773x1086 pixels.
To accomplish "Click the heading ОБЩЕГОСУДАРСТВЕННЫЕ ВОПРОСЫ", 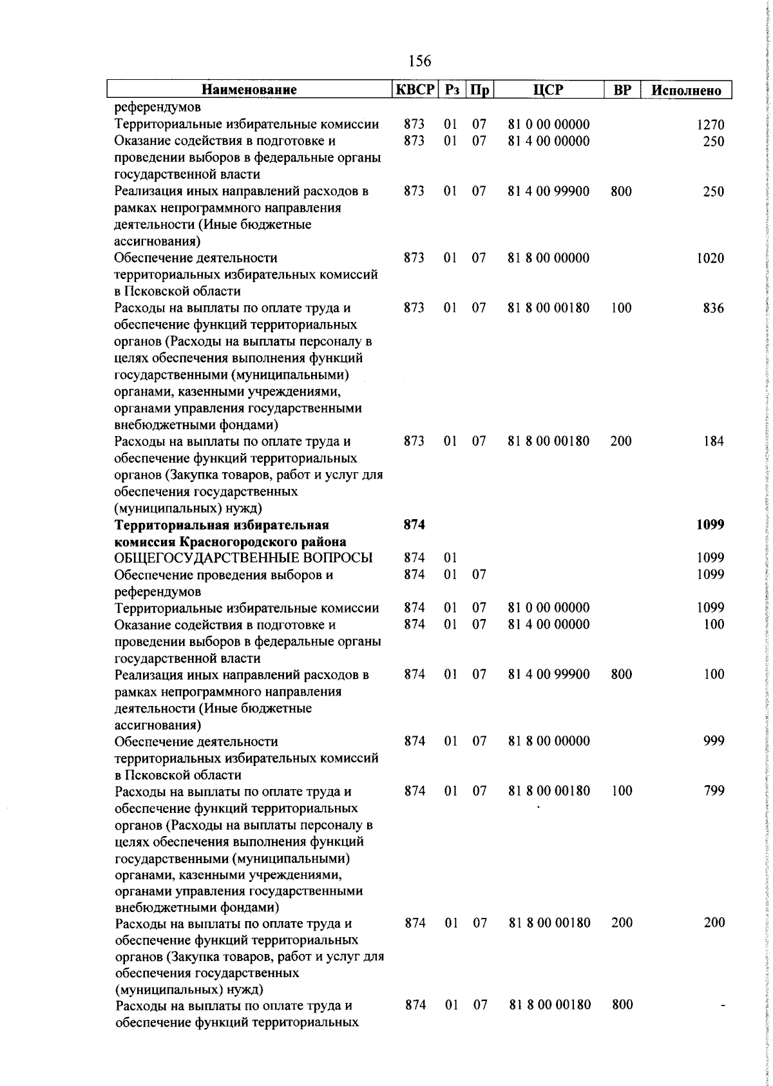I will click(x=253, y=558).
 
